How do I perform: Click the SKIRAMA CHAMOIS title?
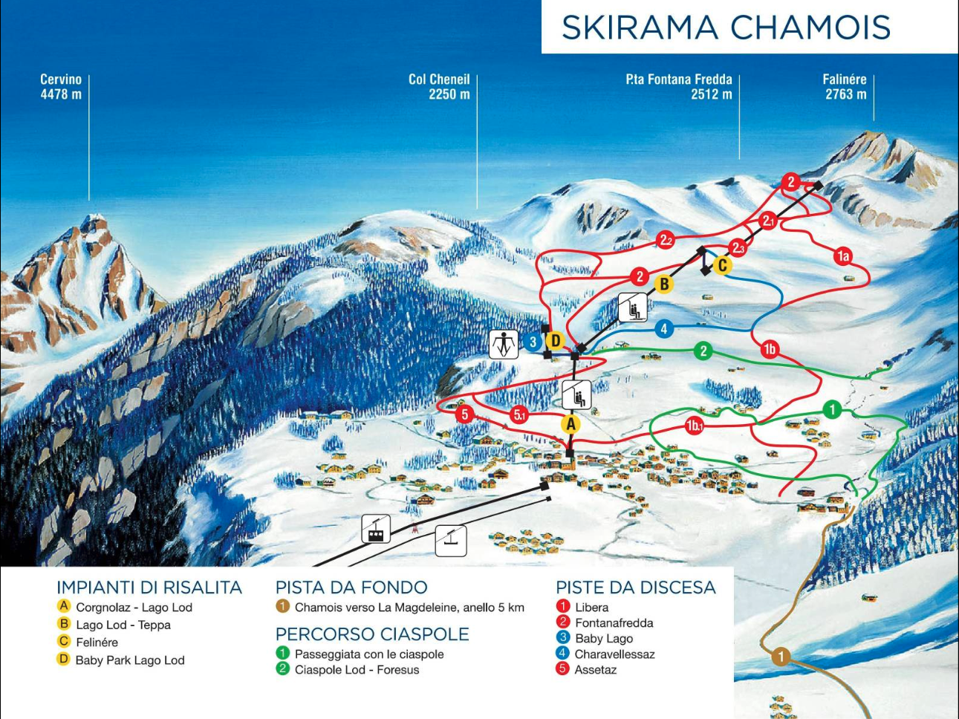point(726,27)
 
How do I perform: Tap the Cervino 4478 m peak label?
point(61,87)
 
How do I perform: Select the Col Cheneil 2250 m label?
point(439,87)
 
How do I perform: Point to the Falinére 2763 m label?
point(845,87)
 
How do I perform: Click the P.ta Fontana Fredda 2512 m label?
point(679,87)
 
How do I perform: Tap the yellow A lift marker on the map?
point(570,424)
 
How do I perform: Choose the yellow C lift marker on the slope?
point(722,265)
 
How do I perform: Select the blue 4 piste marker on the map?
point(664,328)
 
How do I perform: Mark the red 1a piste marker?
point(842,256)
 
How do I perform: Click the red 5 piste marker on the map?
point(465,414)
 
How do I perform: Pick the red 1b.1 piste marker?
point(695,426)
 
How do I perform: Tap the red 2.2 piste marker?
point(666,240)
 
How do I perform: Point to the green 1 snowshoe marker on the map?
point(832,409)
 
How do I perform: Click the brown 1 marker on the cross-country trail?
point(780,657)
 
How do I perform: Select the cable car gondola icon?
point(376,530)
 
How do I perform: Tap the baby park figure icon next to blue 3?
point(504,344)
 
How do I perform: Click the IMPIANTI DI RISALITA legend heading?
point(149,588)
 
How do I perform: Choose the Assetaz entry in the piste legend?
point(595,669)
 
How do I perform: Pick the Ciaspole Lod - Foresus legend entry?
point(357,670)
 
